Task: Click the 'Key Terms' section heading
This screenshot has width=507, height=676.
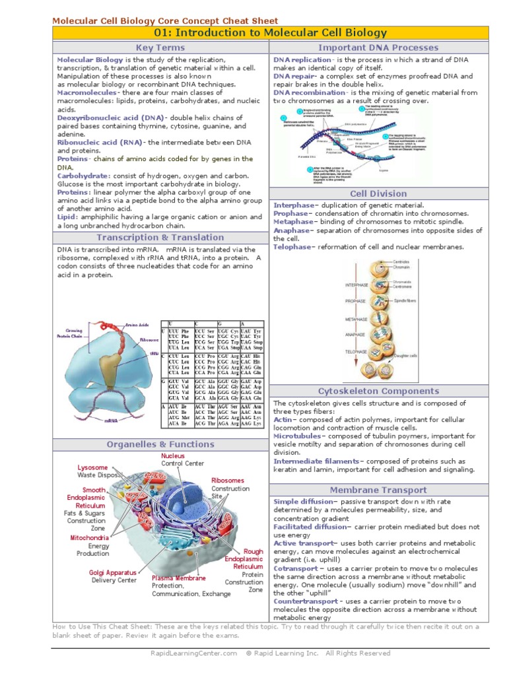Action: coord(160,48)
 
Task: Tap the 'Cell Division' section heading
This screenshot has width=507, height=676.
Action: coord(388,193)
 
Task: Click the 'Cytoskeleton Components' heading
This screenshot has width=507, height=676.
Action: coord(388,391)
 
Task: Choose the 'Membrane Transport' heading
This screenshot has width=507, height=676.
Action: coord(388,490)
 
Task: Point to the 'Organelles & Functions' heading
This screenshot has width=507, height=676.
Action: coord(160,444)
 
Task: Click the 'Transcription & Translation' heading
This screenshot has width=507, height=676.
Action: coord(160,237)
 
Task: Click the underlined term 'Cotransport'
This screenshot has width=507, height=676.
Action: coord(296,568)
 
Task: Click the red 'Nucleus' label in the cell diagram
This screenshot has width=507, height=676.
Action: coord(173,456)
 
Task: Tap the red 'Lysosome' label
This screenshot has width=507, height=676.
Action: coord(92,467)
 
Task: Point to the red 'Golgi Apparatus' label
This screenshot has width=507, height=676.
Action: coord(113,572)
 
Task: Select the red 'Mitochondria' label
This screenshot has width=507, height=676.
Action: coord(90,538)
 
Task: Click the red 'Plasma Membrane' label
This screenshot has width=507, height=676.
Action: coord(179,578)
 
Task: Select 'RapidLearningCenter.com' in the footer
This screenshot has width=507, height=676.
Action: coord(193,653)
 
